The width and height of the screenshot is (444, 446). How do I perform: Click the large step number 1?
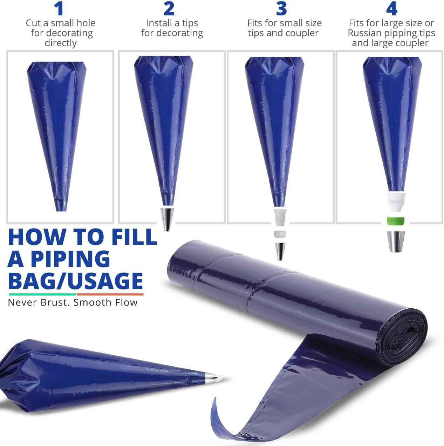[59, 9]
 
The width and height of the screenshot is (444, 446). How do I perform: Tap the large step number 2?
[169, 9]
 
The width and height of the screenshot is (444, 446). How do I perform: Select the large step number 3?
[281, 9]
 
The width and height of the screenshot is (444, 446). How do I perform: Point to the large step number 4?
[392, 9]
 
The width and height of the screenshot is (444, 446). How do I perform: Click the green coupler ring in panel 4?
[396, 221]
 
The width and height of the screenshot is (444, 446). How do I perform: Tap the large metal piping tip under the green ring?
[396, 242]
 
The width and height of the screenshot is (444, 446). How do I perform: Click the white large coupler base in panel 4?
[396, 202]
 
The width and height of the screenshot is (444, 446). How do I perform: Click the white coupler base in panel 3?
[280, 217]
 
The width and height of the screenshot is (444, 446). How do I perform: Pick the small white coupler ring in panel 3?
[280, 234]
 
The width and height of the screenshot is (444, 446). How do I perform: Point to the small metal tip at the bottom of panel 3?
[280, 251]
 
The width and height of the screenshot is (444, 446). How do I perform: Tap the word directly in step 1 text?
[61, 43]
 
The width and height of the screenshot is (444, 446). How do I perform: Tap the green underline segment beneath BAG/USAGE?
[42, 294]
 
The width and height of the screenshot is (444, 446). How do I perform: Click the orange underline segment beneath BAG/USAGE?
[110, 294]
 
